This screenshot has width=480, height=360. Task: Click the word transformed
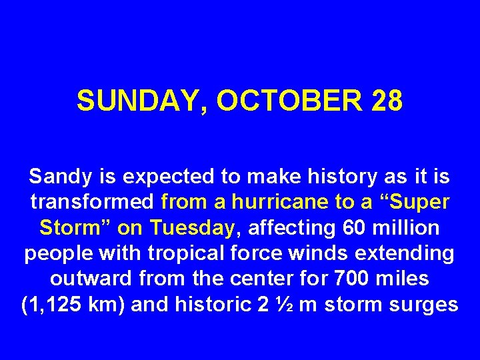tap(93, 203)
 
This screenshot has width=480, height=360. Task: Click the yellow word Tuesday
tap(193, 228)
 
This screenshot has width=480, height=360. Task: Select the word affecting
tap(289, 228)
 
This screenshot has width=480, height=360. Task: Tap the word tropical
tap(177, 254)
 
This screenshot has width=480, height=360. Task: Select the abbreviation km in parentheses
tap(107, 305)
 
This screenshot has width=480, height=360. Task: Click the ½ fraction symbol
tap(282, 305)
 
